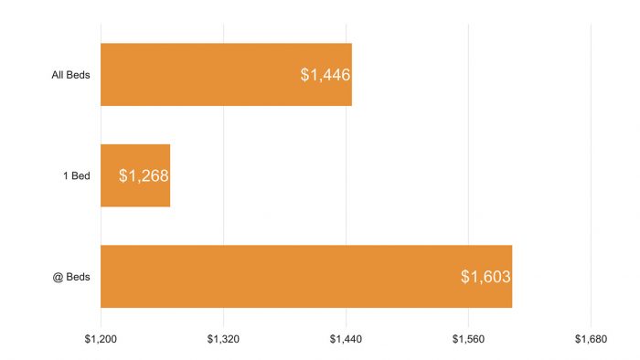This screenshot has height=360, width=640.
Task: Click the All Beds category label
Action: [x=70, y=75]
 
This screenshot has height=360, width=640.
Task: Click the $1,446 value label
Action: [x=325, y=75]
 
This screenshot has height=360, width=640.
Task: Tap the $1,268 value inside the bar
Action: [x=144, y=175]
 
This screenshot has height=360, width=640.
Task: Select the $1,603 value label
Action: [x=485, y=276]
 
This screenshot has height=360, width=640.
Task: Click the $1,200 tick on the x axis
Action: [x=101, y=338]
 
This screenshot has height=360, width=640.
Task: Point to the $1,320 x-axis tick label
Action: [x=223, y=338]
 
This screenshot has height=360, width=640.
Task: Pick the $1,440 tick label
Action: [x=347, y=338]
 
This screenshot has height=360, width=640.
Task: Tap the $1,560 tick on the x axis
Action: [x=469, y=338]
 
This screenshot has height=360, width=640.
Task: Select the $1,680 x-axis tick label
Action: [x=592, y=338]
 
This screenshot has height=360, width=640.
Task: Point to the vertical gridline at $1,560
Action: [x=469, y=128]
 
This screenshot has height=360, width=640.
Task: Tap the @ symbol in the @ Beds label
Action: [x=57, y=276]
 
